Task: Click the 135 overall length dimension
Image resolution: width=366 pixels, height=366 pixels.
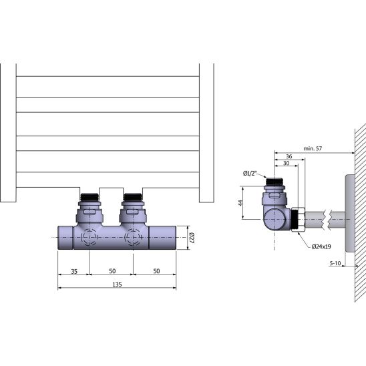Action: click(x=117, y=285)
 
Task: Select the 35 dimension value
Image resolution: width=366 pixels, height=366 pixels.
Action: click(x=74, y=271)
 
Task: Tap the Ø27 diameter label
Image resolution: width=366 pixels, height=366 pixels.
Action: click(x=192, y=238)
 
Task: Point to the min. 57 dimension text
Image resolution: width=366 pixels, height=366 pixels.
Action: click(x=313, y=148)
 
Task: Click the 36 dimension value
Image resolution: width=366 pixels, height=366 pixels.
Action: click(x=289, y=156)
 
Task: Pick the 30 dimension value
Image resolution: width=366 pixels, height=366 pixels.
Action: click(x=286, y=163)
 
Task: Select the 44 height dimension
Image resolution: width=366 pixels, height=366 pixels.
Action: click(x=240, y=203)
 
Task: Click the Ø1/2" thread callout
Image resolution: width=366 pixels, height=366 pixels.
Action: click(x=250, y=174)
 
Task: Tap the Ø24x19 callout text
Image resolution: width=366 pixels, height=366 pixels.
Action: click(x=321, y=246)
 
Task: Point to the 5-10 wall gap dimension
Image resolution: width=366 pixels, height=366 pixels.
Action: click(x=335, y=263)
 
